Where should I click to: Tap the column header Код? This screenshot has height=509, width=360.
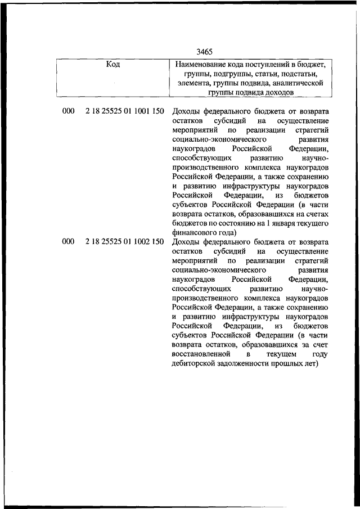(x=112, y=64)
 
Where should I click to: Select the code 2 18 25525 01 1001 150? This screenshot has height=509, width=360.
(x=124, y=111)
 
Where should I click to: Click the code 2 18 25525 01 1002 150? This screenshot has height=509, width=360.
(x=124, y=242)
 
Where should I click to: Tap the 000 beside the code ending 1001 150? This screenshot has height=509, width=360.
(x=68, y=111)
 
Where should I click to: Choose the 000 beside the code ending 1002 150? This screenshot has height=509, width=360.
(x=68, y=242)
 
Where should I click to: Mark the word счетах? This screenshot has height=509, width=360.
(x=315, y=213)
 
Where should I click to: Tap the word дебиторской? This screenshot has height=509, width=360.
(x=195, y=363)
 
